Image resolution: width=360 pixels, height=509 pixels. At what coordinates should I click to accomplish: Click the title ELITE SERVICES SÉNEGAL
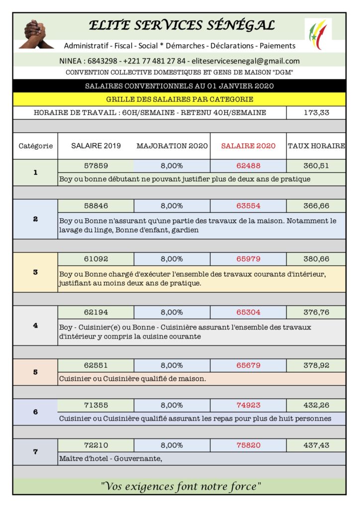tap(181, 25)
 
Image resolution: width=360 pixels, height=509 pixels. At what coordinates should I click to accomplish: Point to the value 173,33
tap(316, 113)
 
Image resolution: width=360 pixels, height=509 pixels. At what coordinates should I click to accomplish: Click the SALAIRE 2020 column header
tap(248, 146)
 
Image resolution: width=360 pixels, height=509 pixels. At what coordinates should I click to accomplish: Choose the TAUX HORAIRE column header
tap(316, 146)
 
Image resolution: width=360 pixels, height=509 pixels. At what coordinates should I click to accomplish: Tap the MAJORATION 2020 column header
tap(172, 146)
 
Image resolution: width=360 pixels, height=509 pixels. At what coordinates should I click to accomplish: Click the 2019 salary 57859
tap(96, 166)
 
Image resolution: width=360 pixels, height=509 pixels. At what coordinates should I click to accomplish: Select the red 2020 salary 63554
tap(248, 205)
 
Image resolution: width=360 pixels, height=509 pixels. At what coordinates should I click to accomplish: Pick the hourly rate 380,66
tap(316, 259)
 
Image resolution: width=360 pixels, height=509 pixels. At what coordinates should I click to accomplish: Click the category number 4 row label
tap(35, 326)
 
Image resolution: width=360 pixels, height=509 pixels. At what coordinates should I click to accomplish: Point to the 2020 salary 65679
tap(248, 365)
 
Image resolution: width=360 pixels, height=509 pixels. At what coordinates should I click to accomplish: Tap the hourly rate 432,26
tap(316, 405)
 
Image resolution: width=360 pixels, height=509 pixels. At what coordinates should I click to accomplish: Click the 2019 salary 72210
tap(96, 445)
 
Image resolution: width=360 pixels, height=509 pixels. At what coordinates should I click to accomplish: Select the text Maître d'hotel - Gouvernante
tap(111, 458)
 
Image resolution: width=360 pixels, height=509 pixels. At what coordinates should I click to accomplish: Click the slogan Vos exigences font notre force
tap(180, 486)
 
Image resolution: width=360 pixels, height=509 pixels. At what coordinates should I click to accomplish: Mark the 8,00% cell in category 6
tap(172, 405)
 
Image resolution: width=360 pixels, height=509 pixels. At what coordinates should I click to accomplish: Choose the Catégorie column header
tap(35, 146)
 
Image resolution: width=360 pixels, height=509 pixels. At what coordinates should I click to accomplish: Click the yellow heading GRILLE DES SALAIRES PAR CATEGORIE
tap(180, 99)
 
